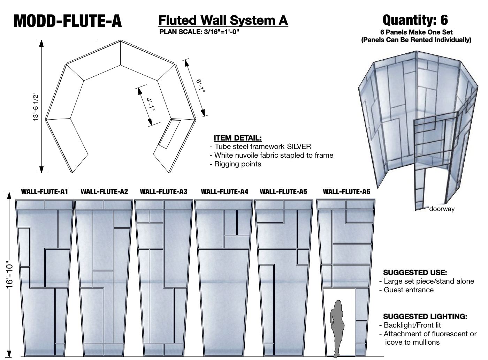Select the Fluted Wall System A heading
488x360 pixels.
pyautogui.click(x=223, y=20)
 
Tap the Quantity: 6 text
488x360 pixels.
pyautogui.click(x=415, y=20)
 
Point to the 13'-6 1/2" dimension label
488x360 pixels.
pyautogui.click(x=36, y=107)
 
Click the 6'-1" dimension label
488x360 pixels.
pyautogui.click(x=200, y=86)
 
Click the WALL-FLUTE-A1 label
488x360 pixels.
pyautogui.click(x=44, y=192)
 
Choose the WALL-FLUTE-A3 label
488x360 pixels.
pyautogui.click(x=163, y=192)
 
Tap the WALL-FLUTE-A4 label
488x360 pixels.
pyautogui.click(x=224, y=192)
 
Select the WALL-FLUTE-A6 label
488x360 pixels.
pyautogui.click(x=346, y=192)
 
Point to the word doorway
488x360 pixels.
pyautogui.click(x=442, y=209)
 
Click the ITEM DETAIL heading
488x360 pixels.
pyautogui.click(x=237, y=138)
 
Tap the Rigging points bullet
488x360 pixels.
pyautogui.click(x=237, y=164)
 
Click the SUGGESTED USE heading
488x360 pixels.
pyautogui.click(x=415, y=272)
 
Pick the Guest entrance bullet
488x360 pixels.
pyautogui.click(x=409, y=290)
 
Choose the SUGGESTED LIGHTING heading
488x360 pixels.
pyautogui.click(x=425, y=316)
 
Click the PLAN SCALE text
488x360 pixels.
pyautogui.click(x=199, y=32)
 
